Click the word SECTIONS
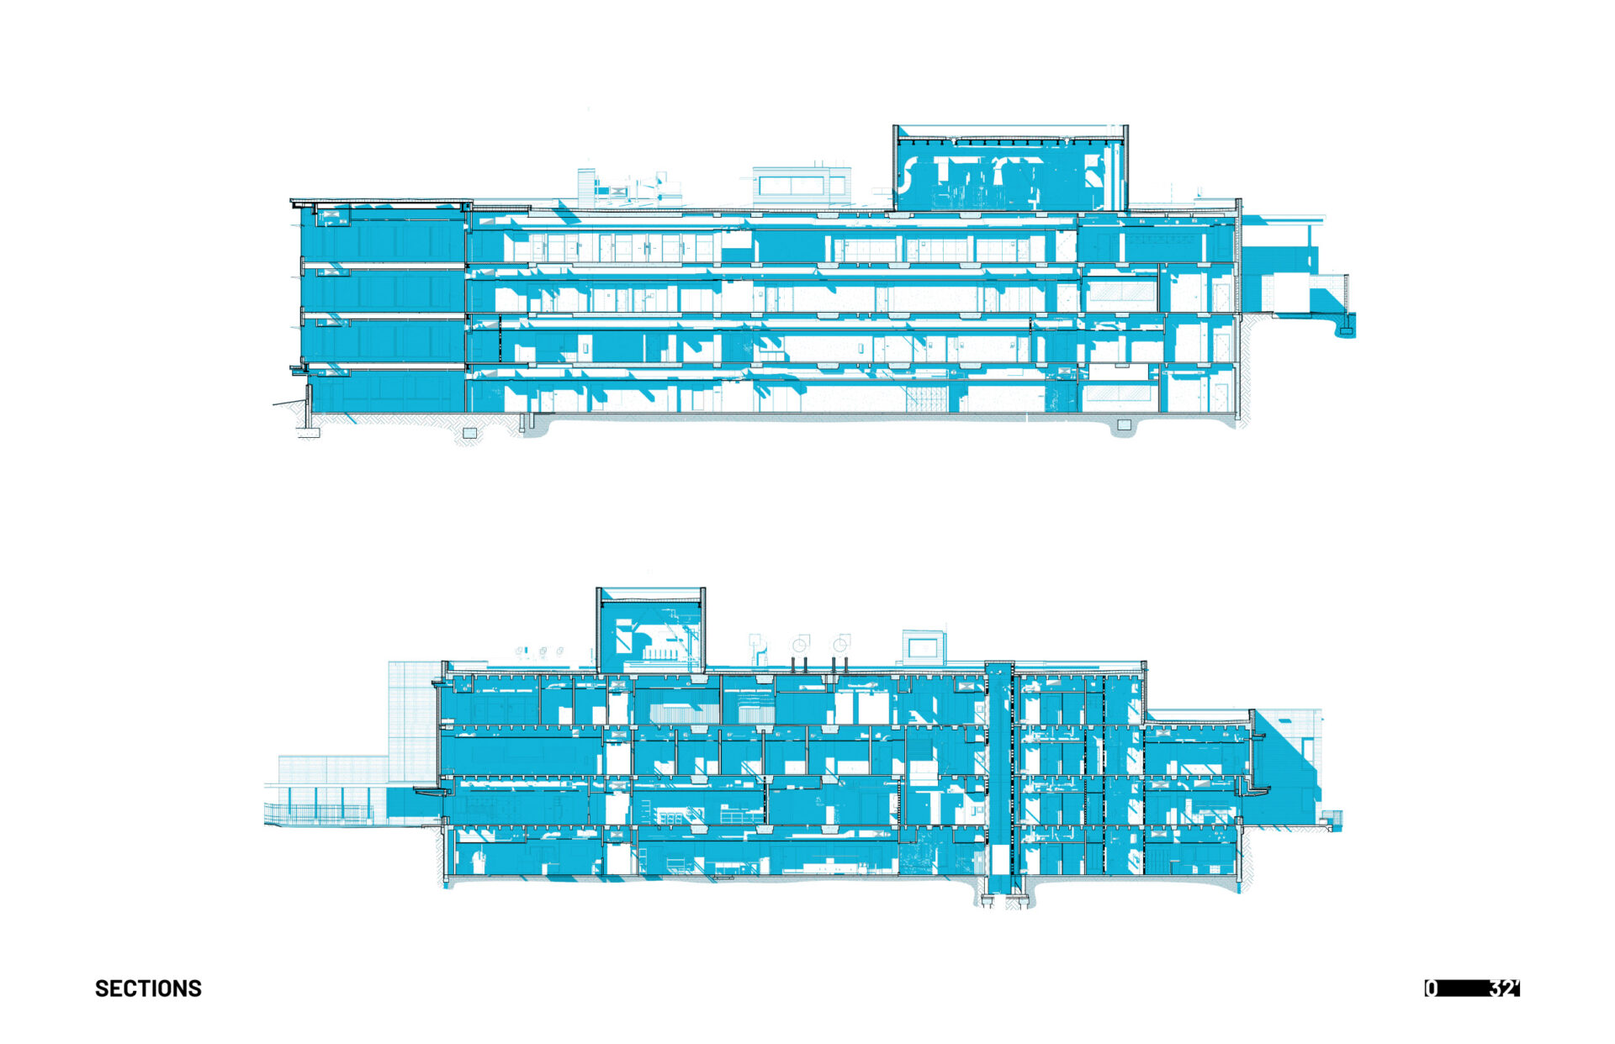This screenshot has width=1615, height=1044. (x=148, y=989)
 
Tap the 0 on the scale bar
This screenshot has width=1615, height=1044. (x=1431, y=989)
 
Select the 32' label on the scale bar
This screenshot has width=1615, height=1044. (x=1505, y=989)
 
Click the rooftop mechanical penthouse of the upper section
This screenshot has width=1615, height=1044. (x=1010, y=168)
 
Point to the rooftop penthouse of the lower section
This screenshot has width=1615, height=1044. (x=650, y=630)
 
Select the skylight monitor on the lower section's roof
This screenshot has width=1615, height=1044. (x=924, y=646)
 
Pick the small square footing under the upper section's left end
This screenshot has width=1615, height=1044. (x=470, y=433)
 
